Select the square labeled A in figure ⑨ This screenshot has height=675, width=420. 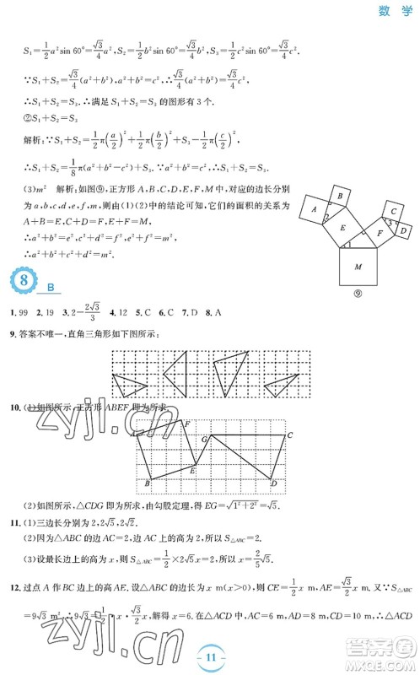tap(314, 208)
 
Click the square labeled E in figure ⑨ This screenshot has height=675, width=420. tap(342, 226)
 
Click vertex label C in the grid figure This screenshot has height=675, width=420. tap(289, 435)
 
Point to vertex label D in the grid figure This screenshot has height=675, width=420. tap(274, 483)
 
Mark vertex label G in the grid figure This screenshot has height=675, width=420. tap(204, 438)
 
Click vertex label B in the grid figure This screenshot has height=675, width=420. tap(148, 483)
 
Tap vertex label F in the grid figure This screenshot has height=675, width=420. tap(186, 422)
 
